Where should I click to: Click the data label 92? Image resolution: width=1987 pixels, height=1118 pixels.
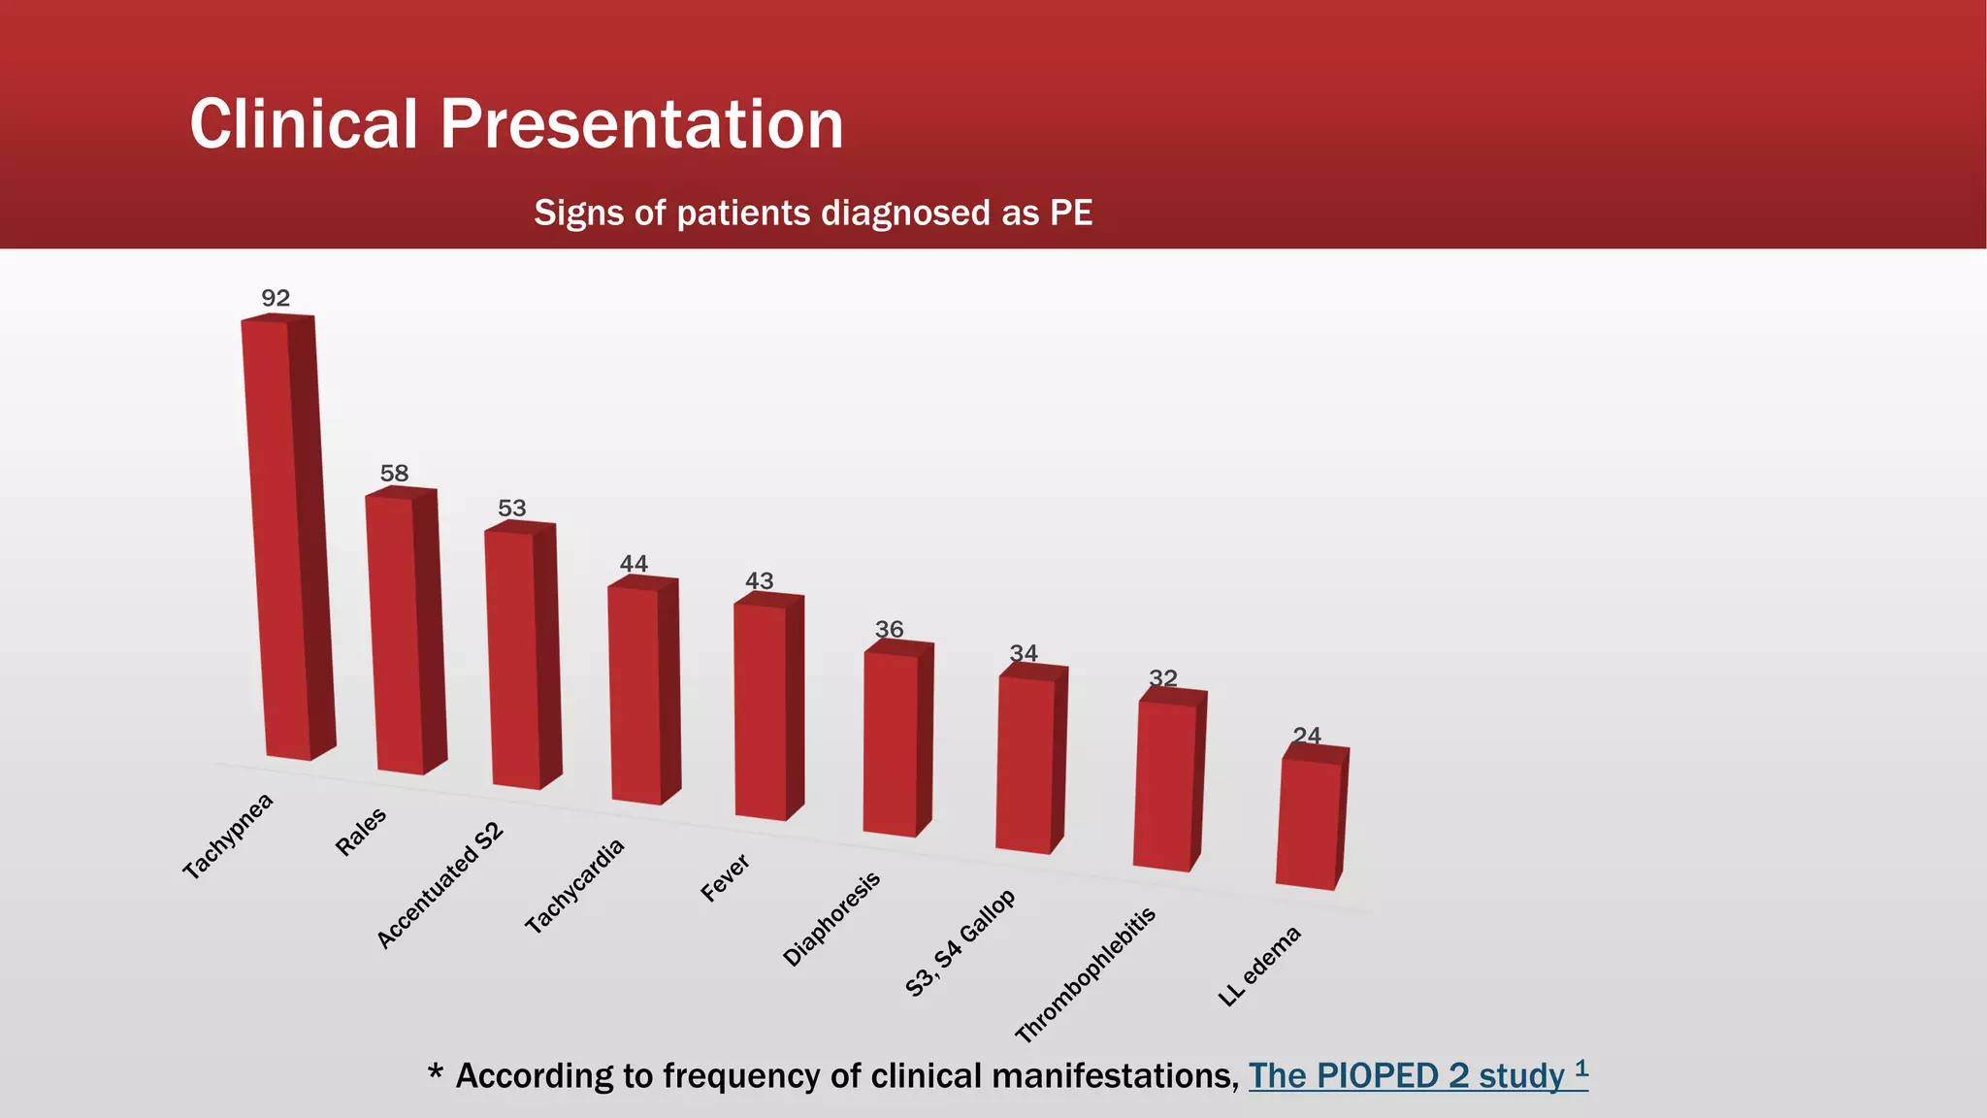click(276, 298)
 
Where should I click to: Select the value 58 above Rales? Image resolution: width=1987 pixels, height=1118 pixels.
click(394, 474)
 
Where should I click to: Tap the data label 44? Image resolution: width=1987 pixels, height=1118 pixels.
click(634, 564)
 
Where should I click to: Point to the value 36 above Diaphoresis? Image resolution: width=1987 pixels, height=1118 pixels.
click(889, 630)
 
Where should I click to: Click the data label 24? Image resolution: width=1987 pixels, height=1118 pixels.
click(1307, 736)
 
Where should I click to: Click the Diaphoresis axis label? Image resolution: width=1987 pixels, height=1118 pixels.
click(831, 919)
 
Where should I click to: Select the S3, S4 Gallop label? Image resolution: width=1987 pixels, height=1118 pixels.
click(960, 943)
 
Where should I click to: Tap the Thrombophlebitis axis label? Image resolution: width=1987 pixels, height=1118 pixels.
click(1086, 974)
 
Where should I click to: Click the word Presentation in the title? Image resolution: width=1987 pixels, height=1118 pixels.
click(641, 124)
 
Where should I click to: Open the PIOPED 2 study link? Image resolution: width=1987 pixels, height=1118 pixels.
click(1417, 1075)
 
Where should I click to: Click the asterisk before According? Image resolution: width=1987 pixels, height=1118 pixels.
click(436, 1072)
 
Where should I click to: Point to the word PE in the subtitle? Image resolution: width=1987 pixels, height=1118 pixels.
click(1071, 213)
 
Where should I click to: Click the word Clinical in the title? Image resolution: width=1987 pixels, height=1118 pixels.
click(303, 124)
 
